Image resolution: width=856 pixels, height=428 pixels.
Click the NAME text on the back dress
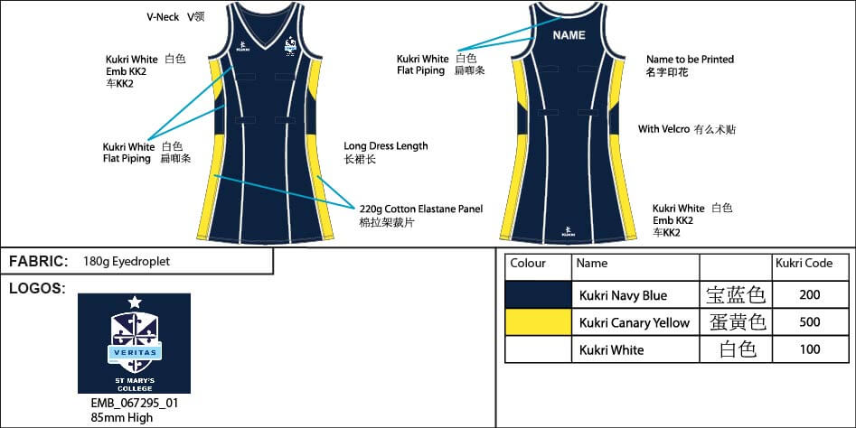[x=569, y=35]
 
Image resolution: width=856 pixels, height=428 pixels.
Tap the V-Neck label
[x=163, y=17]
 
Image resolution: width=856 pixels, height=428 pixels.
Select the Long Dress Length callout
[x=386, y=145]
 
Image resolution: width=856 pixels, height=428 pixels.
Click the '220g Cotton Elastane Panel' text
[x=420, y=209]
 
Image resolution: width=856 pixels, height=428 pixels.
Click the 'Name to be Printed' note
[x=690, y=60]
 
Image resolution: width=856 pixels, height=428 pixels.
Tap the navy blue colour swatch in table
[x=537, y=294]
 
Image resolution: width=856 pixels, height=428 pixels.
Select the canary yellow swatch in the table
[x=537, y=322]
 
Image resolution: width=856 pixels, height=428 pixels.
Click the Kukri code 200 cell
[x=811, y=294]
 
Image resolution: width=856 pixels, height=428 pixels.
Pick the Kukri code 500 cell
[x=811, y=322]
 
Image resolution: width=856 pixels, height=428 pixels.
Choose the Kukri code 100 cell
[x=811, y=349]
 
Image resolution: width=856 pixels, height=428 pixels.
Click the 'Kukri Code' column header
[x=804, y=264]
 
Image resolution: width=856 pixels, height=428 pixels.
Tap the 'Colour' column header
[x=528, y=264]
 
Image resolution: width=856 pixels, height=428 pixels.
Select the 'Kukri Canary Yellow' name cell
[x=634, y=322]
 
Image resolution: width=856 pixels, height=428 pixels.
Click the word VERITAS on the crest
[x=134, y=351]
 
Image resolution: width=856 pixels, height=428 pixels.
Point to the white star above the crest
[x=134, y=302]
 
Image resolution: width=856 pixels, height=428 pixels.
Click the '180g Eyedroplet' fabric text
[x=126, y=262]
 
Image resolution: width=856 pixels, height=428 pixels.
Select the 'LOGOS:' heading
[x=37, y=288]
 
